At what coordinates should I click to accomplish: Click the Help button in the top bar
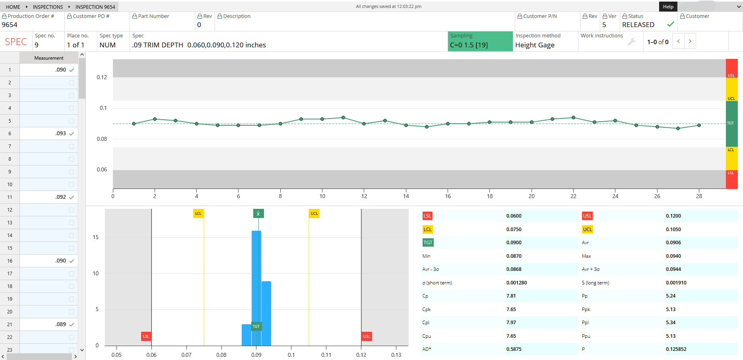pos(668,6)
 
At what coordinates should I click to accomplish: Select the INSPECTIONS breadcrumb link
pos(48,7)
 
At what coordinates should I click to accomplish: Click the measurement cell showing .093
pos(49,133)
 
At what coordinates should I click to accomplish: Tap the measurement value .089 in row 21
pos(61,324)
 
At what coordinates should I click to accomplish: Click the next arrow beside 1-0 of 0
pos(690,41)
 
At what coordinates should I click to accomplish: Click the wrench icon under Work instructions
pos(631,42)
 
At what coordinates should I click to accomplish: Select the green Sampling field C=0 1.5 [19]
pos(480,41)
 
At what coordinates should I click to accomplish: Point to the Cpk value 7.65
pos(511,309)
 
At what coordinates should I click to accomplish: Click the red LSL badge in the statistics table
pos(427,216)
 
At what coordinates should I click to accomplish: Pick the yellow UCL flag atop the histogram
pos(314,214)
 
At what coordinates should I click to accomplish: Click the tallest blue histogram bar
pos(256,288)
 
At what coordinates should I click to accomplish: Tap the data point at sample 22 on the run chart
pos(573,117)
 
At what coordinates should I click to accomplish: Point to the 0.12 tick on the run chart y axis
pos(102,77)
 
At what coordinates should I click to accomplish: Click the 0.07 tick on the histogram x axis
pos(186,355)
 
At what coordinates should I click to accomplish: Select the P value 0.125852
pos(676,349)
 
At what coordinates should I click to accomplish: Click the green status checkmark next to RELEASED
pos(671,24)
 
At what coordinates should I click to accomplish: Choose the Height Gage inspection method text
pos(535,45)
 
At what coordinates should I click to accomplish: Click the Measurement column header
pos(49,58)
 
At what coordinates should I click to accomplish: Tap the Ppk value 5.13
pos(671,309)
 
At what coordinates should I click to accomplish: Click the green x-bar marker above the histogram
pos(258,214)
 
